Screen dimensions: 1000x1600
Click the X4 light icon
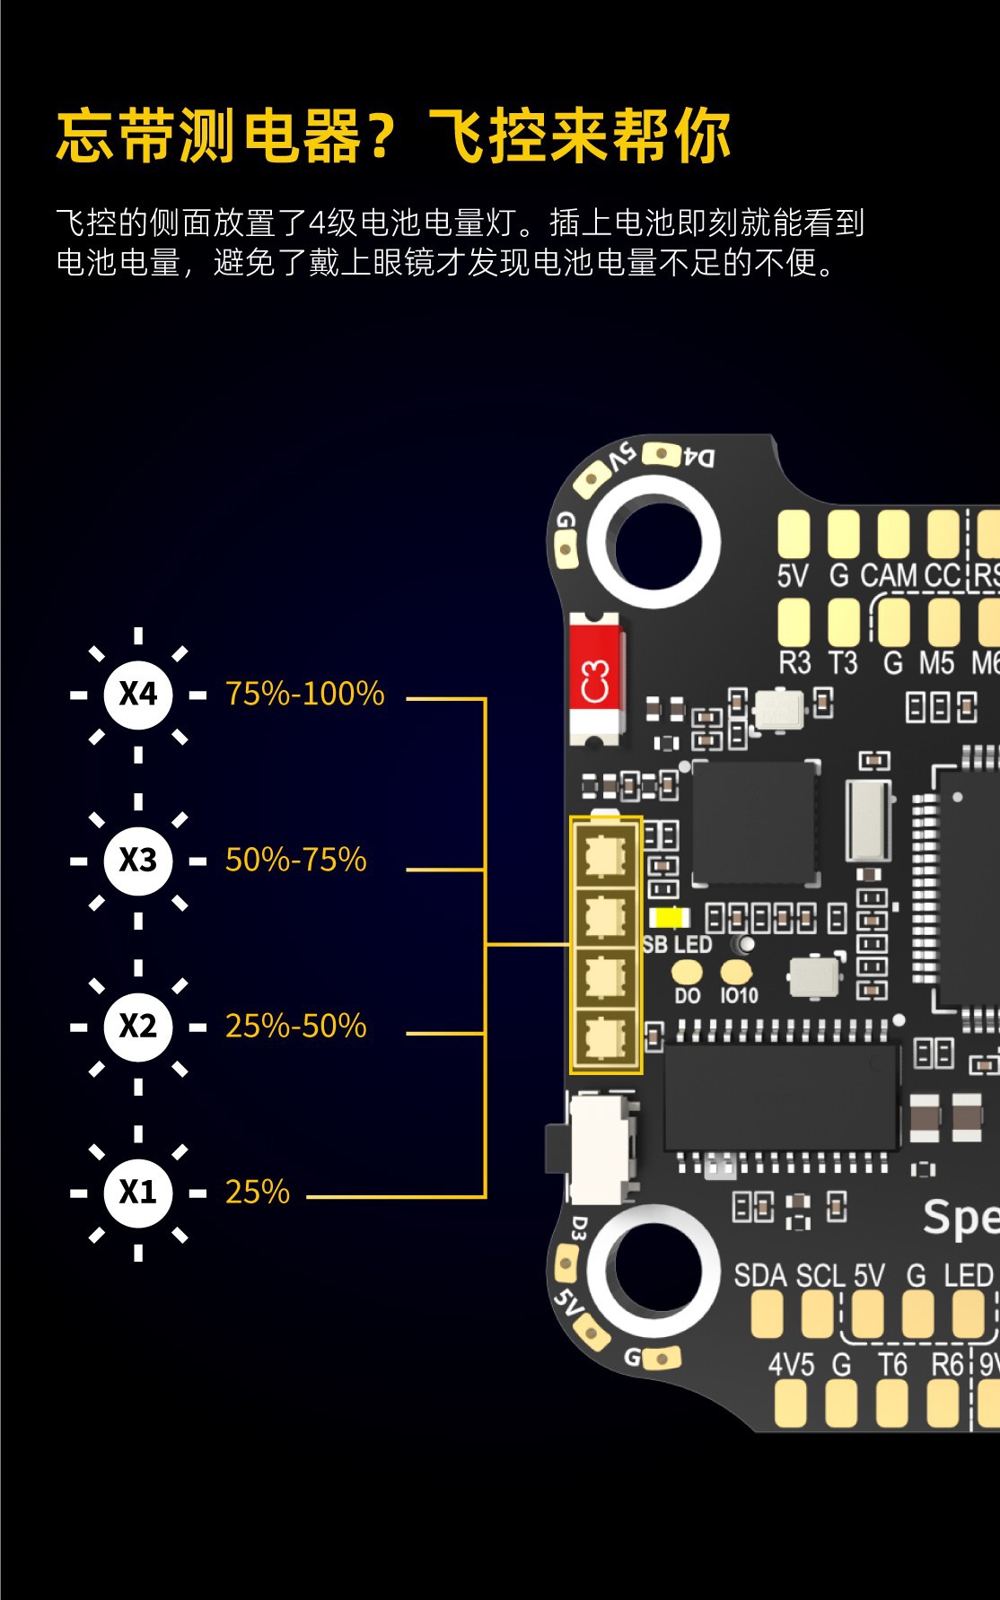click(137, 694)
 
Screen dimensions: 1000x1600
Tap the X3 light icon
click(137, 860)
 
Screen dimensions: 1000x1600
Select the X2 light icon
click(137, 1026)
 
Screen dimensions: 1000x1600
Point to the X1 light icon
click(137, 1192)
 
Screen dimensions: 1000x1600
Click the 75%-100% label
click(304, 694)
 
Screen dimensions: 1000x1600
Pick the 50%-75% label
click(295, 860)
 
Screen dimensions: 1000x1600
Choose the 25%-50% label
click(295, 1026)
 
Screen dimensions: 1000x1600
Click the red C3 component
click(594, 680)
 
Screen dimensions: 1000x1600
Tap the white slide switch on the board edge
click(599, 1148)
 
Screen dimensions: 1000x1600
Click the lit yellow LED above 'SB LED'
click(668, 918)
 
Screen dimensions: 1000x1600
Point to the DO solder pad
click(687, 972)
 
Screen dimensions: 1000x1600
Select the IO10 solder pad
click(736, 972)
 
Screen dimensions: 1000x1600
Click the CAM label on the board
click(890, 575)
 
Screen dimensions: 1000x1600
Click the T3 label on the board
click(842, 663)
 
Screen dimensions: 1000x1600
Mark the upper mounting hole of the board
click(657, 542)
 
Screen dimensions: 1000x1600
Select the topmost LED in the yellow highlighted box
click(606, 855)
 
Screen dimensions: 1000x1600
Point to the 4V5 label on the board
click(791, 1365)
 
